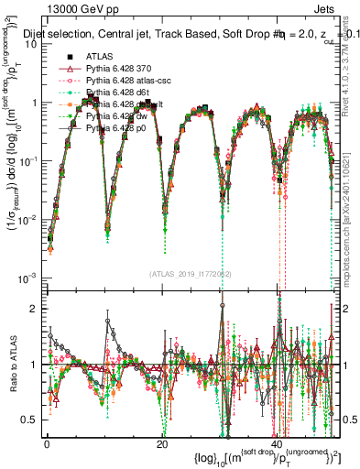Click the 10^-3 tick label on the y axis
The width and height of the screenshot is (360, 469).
[x=27, y=278]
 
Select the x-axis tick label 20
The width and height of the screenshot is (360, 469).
[x=161, y=443]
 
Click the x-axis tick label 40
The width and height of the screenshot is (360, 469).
[x=276, y=443]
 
